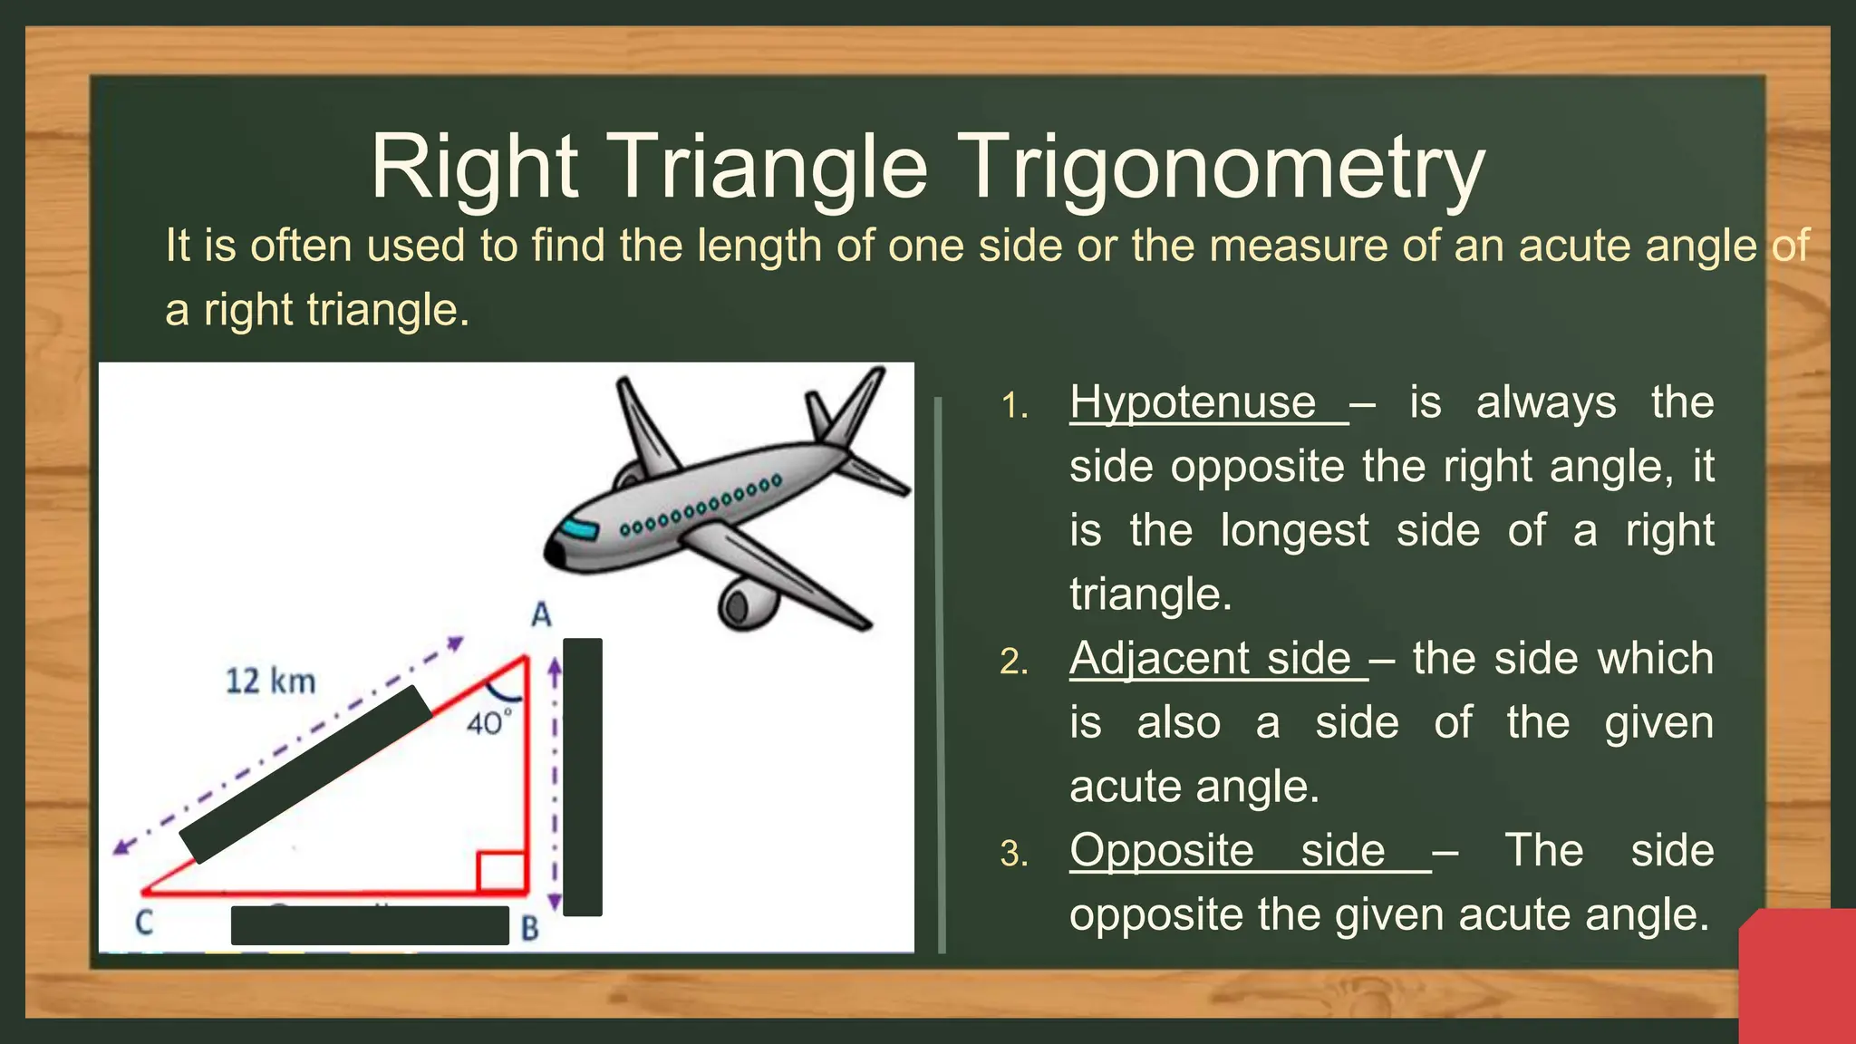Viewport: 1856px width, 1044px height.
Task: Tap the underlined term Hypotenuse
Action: tap(1193, 401)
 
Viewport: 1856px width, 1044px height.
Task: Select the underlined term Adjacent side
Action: tap(1210, 658)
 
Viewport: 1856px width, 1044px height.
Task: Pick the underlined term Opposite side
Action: tap(1227, 850)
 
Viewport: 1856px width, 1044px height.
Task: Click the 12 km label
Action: tap(270, 681)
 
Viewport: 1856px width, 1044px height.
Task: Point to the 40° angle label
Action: tap(488, 723)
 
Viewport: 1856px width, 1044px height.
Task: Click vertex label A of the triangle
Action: tap(541, 615)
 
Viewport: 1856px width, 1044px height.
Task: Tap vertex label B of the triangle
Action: tap(530, 928)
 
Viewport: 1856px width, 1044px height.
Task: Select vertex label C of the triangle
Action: tap(144, 923)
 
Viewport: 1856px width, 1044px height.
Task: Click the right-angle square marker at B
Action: tap(501, 872)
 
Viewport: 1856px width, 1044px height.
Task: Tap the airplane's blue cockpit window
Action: tap(577, 528)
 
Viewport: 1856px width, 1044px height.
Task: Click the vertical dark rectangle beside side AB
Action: tap(583, 777)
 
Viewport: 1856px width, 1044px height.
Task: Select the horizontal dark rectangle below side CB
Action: tap(370, 925)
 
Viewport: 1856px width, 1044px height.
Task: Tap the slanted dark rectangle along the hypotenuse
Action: tap(305, 774)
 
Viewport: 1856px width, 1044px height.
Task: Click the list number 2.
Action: tap(1013, 662)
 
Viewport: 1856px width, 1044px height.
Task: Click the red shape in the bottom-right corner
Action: tap(1799, 977)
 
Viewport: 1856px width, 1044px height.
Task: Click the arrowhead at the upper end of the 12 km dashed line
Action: tap(456, 643)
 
